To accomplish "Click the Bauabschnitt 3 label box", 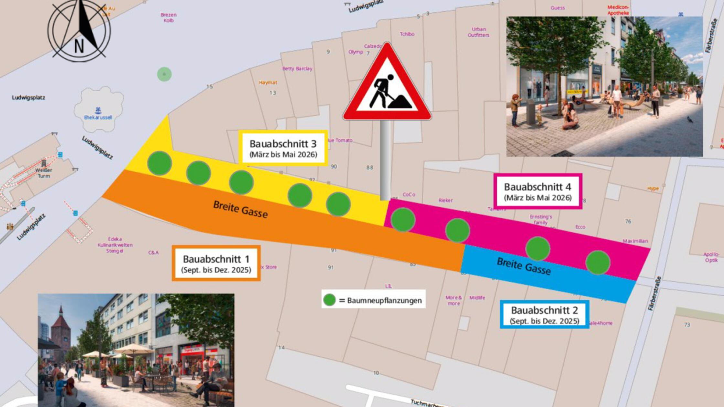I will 283,148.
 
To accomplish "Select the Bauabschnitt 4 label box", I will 538,191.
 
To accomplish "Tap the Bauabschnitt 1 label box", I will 216,263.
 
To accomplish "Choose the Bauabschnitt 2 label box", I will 544,314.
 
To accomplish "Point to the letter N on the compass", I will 79,47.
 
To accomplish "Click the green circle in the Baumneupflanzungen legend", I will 329,300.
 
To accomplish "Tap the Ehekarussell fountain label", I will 98,117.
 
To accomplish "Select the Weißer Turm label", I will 44,173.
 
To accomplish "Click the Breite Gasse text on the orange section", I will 240,209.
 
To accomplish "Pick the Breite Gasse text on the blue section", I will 524,266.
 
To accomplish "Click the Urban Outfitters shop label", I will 478,32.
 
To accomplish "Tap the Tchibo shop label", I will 407,34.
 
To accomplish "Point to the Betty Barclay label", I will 297,68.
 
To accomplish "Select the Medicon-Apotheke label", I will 618,10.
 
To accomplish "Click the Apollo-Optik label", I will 711,257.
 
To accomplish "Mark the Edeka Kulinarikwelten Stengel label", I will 115,245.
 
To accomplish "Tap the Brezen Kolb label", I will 168,17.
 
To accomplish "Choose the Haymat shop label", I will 268,83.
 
